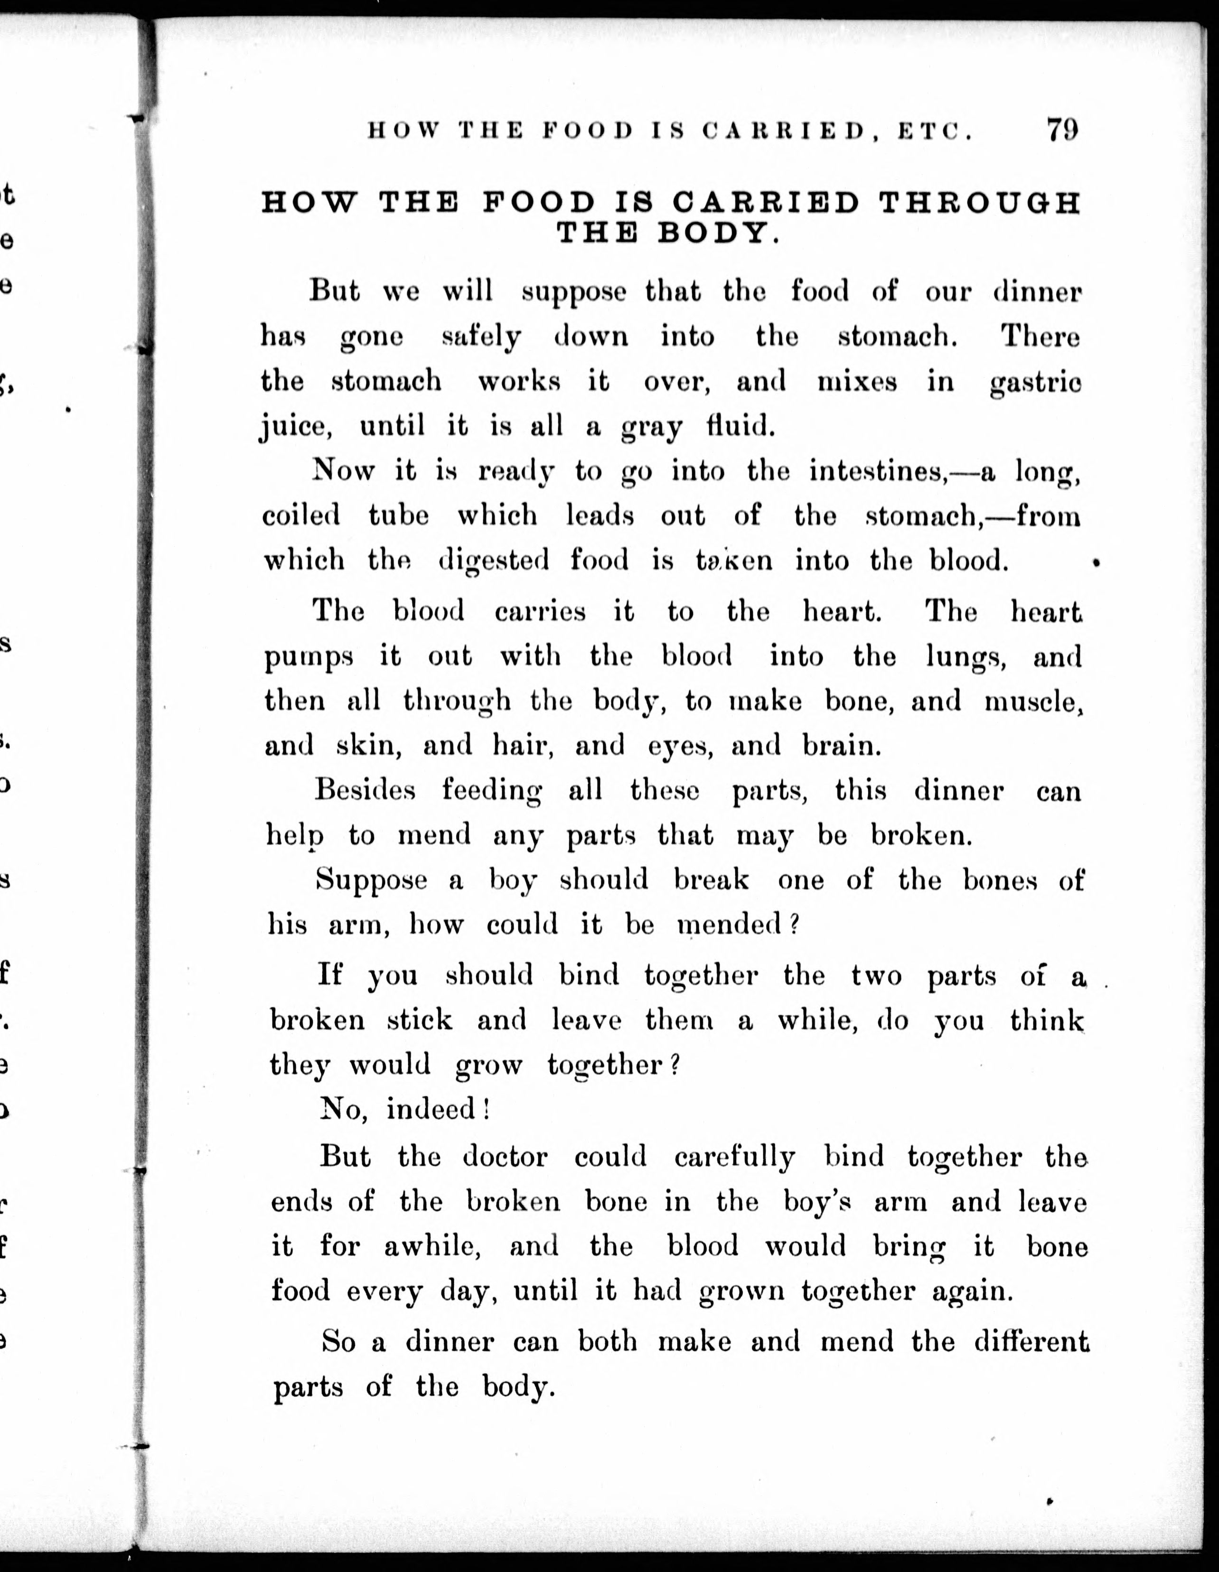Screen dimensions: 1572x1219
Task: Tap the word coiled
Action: (x=300, y=516)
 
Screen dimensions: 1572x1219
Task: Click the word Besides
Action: (x=365, y=790)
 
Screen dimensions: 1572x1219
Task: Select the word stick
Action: (x=419, y=1020)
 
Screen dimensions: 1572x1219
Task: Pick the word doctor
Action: (x=505, y=1157)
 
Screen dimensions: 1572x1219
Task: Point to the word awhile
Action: (x=432, y=1246)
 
